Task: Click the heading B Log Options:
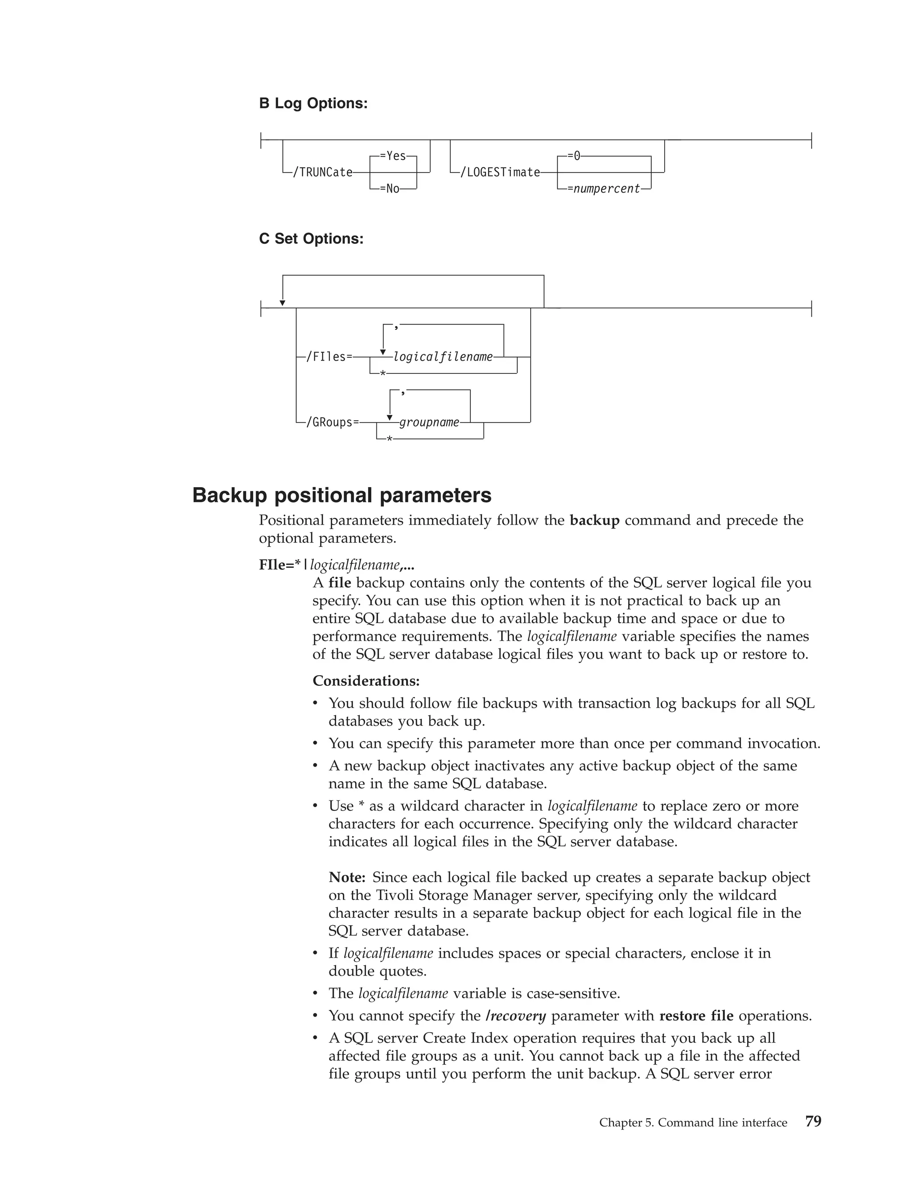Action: click(313, 103)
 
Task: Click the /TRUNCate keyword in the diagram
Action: click(322, 172)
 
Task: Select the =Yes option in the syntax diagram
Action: click(393, 156)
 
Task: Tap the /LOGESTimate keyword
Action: click(500, 172)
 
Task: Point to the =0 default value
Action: click(574, 156)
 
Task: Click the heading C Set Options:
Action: click(311, 238)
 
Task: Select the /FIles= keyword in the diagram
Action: click(329, 357)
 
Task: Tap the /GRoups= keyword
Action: click(333, 422)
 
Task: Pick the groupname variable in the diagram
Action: click(429, 422)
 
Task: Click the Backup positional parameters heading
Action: click(342, 495)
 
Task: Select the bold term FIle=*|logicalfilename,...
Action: click(337, 565)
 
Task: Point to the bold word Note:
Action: click(347, 877)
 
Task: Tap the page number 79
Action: click(813, 1122)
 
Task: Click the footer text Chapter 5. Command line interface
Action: click(693, 1123)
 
